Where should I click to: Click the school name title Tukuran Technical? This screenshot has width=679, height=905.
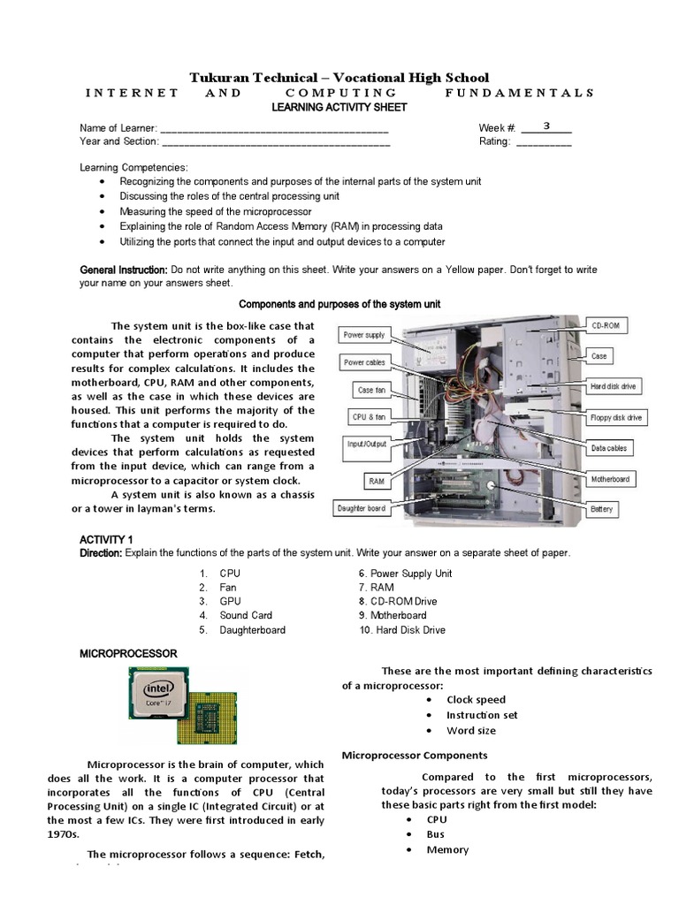(339, 78)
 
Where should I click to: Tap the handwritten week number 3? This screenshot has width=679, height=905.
(546, 125)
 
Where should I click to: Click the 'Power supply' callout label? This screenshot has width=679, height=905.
(363, 335)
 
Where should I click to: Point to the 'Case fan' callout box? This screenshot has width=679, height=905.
(371, 389)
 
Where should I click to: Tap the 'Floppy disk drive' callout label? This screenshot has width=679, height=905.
(615, 417)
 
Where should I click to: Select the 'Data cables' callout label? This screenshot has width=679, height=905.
(609, 448)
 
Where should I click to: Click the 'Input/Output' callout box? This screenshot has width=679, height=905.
(367, 445)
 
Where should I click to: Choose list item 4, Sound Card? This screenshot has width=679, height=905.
(245, 615)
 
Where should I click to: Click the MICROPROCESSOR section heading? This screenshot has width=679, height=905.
(128, 653)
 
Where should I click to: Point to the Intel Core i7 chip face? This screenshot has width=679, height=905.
(160, 697)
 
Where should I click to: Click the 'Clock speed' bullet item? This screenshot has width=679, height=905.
(476, 699)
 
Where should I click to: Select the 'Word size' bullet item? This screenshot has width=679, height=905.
(470, 730)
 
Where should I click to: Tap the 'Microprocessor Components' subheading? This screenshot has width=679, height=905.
(414, 755)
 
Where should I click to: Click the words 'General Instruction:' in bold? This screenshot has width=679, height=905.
(123, 269)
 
